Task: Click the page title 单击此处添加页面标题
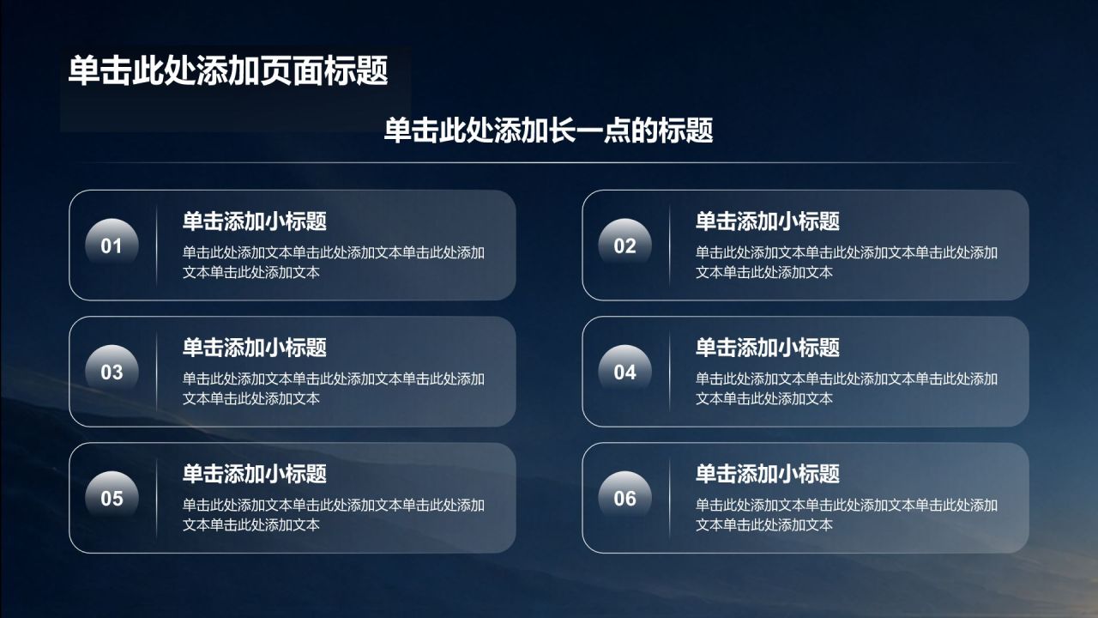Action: click(x=228, y=71)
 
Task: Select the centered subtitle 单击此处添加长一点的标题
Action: click(x=548, y=130)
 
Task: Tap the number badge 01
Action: click(x=112, y=245)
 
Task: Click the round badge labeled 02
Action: click(x=625, y=245)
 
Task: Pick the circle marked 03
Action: click(x=112, y=372)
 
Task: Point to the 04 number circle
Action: click(x=625, y=372)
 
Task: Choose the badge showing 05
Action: click(x=112, y=498)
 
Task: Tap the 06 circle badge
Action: click(x=625, y=498)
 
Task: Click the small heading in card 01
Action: click(x=255, y=221)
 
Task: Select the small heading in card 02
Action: click(x=768, y=221)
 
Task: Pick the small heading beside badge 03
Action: click(x=255, y=348)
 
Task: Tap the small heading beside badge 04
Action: click(x=768, y=348)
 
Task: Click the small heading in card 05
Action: click(x=255, y=474)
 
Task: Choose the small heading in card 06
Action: click(x=768, y=474)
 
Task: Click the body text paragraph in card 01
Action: click(x=334, y=263)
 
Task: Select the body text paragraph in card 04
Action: click(x=847, y=389)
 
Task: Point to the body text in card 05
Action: click(x=334, y=515)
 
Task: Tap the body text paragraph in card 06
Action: click(x=847, y=515)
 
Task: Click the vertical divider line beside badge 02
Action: click(x=670, y=245)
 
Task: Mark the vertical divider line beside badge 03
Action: click(x=156, y=372)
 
